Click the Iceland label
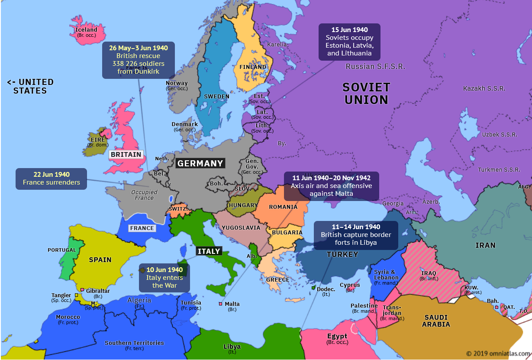87,30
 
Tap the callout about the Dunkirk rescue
139,60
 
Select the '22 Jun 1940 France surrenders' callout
51,178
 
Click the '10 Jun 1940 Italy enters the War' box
164,277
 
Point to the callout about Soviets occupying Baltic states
349,42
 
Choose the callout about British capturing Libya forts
355,235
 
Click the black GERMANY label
200,163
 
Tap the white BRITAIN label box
126,154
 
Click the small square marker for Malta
220,304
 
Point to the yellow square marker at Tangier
77,295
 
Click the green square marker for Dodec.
313,288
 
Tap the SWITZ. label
178,209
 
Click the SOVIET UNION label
366,94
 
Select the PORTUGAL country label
61,250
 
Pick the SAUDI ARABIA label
436,321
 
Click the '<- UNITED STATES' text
30,86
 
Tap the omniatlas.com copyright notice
498,353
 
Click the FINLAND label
252,67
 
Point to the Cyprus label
350,285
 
